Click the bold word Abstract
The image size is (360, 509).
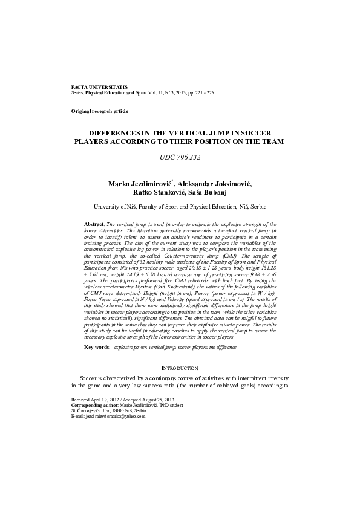[x=96, y=224]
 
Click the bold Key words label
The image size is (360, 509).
[x=96, y=348]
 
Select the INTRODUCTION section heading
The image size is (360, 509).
[x=180, y=368]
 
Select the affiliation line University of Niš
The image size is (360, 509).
[x=180, y=206]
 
